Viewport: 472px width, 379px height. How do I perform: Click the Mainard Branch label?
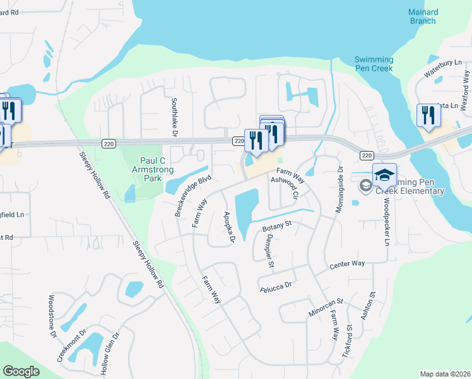tap(422, 16)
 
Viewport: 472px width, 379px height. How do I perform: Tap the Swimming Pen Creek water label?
tap(374, 64)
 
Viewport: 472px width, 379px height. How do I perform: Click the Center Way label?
tap(347, 265)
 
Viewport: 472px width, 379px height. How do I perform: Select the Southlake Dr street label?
tap(175, 116)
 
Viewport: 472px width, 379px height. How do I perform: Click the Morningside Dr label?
tap(339, 189)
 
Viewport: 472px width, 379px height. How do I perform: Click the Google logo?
tap(21, 371)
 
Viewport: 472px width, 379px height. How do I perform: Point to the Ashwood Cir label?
tap(283, 189)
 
